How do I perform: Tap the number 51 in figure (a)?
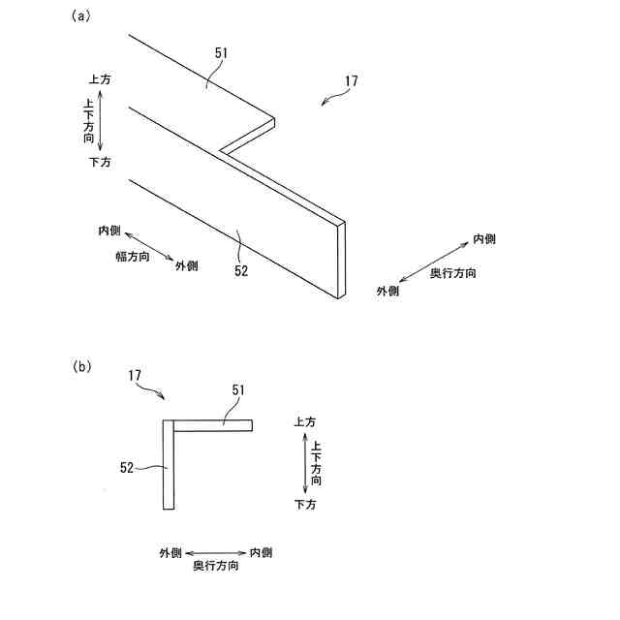tap(221, 54)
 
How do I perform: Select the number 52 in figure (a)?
tap(241, 271)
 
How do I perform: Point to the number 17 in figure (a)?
tap(350, 82)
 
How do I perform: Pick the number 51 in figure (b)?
tap(239, 389)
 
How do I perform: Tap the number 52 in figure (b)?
tap(126, 467)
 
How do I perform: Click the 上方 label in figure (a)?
tap(100, 80)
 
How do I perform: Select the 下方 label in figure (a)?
tap(100, 162)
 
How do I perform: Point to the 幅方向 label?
tap(131, 257)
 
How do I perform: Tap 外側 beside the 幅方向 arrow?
tap(186, 265)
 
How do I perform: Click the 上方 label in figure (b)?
tap(303, 421)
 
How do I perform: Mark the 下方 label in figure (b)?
tap(303, 505)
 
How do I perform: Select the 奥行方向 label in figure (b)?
tap(216, 567)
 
